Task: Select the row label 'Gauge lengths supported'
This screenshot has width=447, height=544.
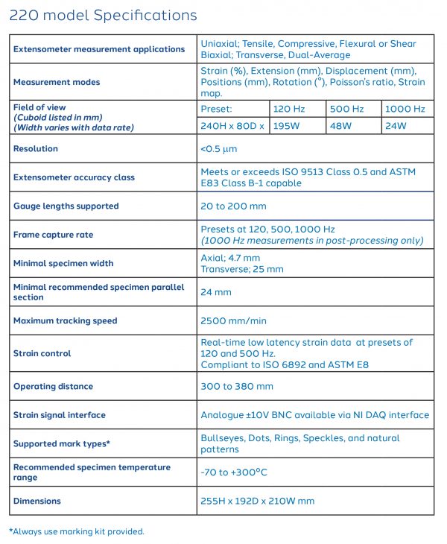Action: point(66,206)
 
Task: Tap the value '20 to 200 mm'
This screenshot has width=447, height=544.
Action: point(232,206)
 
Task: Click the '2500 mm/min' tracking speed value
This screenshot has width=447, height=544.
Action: point(233,320)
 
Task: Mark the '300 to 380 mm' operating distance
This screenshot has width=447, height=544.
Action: point(237,386)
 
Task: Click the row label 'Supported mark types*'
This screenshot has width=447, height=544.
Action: point(61,443)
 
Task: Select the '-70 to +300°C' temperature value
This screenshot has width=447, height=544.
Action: point(233,472)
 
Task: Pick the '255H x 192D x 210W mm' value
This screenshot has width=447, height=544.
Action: point(257,501)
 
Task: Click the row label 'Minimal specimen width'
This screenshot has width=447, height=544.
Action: point(63,263)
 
